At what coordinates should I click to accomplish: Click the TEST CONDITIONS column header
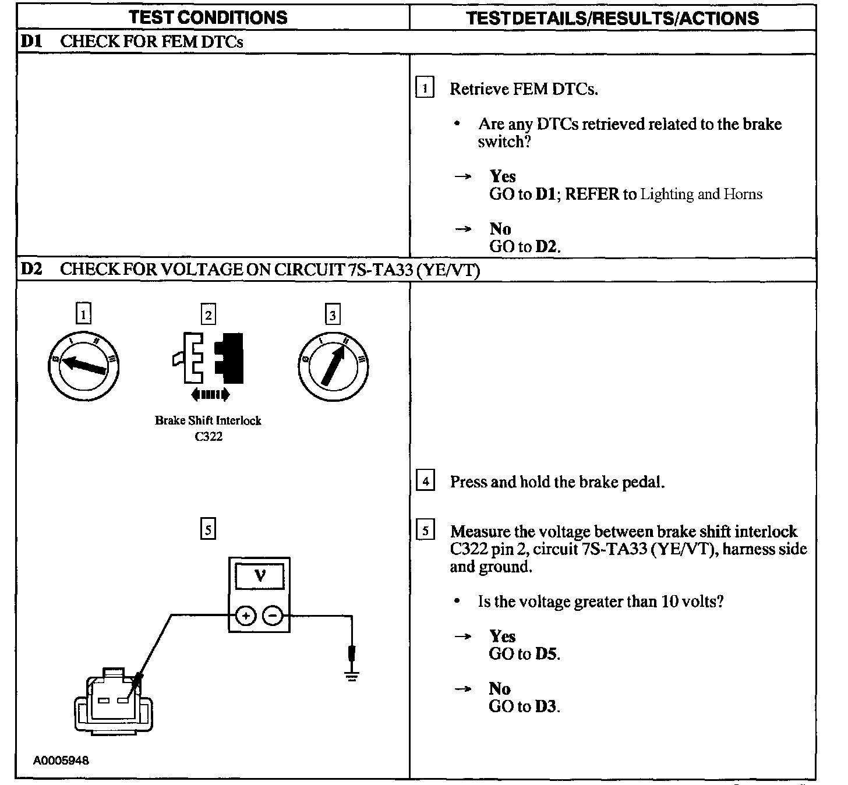tap(209, 17)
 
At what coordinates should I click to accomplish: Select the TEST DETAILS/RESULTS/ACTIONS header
tap(613, 18)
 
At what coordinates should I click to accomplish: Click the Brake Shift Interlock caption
tap(208, 420)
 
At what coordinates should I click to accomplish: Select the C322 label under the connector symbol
tap(209, 436)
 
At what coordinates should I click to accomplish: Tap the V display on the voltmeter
tap(260, 576)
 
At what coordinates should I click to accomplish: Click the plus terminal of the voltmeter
tap(246, 616)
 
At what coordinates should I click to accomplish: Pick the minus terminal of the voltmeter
tap(273, 616)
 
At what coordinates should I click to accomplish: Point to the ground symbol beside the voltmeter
tap(351, 676)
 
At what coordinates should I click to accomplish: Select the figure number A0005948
tap(61, 761)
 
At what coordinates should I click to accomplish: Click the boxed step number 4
tap(426, 482)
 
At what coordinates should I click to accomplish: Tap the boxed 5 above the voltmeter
tap(208, 529)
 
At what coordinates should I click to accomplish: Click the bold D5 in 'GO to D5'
tap(547, 654)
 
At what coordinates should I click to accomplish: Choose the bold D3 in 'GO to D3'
tap(546, 706)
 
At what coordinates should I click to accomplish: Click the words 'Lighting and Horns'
tap(701, 194)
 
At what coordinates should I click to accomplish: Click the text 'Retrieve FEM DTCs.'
tap(524, 89)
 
